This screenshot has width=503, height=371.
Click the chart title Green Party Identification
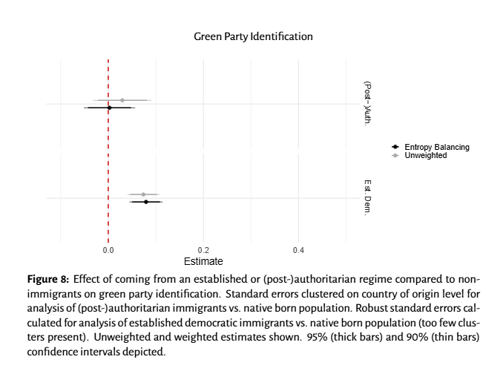click(253, 36)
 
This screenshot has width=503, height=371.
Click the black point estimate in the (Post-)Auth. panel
click(109, 108)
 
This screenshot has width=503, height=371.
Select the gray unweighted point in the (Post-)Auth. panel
click(122, 99)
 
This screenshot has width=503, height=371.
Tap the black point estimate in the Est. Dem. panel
click(146, 202)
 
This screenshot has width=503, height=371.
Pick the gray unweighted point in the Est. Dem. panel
click(143, 194)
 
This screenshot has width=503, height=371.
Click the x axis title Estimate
click(203, 262)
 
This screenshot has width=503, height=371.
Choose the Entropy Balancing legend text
click(437, 147)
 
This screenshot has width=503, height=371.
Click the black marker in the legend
click(395, 147)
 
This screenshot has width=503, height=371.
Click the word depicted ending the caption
click(145, 352)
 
